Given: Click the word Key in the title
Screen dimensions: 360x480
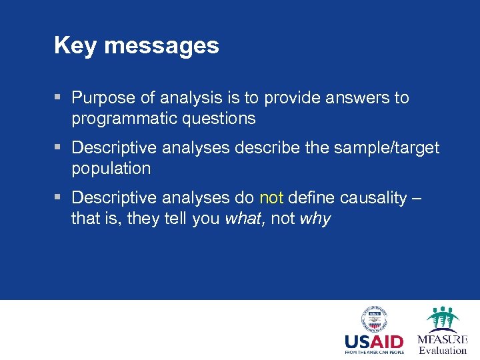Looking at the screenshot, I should pyautogui.click(x=75, y=45).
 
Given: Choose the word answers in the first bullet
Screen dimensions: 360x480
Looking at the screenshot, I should pyautogui.click(x=349, y=98).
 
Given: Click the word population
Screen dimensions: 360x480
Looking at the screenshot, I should pyautogui.click(x=111, y=168).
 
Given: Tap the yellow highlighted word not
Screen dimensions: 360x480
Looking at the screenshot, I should pyautogui.click(x=271, y=197).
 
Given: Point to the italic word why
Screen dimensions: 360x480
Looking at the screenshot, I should pyautogui.click(x=315, y=219).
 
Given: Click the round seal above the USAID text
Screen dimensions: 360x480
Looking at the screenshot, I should pyautogui.click(x=374, y=319).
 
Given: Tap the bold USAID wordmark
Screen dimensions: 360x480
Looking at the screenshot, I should pyautogui.click(x=374, y=342).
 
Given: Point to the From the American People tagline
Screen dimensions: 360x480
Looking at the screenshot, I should pyautogui.click(x=374, y=353).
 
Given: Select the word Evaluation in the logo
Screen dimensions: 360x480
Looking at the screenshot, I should pyautogui.click(x=443, y=351).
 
